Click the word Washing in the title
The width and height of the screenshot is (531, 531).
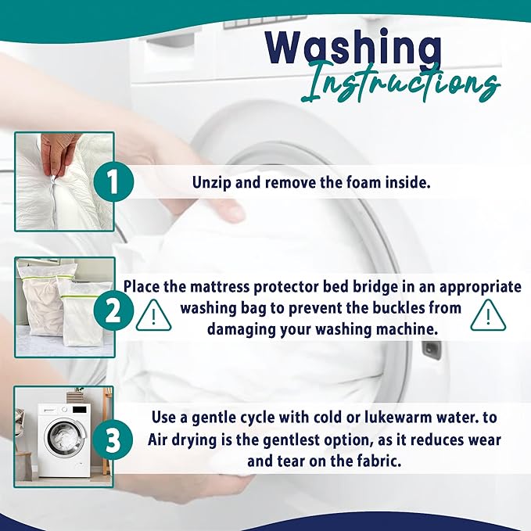(x=353, y=47)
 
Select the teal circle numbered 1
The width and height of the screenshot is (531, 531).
(x=113, y=181)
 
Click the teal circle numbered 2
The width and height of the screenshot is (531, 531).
(x=113, y=310)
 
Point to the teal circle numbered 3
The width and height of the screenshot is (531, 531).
(x=113, y=440)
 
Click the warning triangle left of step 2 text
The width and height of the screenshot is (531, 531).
(x=153, y=316)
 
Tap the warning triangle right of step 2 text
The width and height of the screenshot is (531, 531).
(x=488, y=316)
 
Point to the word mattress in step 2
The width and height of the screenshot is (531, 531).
(x=220, y=286)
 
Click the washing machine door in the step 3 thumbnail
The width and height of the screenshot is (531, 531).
(x=66, y=436)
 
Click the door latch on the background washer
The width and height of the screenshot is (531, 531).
(x=431, y=350)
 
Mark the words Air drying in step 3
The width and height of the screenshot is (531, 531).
(x=184, y=440)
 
